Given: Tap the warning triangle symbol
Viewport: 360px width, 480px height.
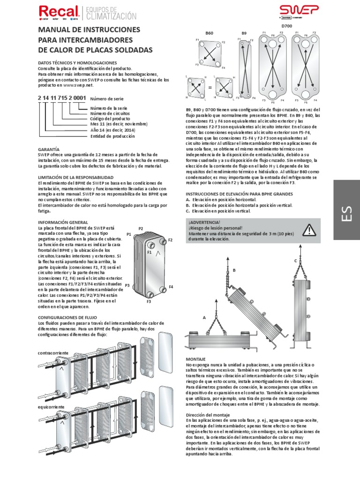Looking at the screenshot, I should (309, 230).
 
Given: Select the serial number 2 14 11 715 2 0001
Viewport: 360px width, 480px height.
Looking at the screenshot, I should (61, 98).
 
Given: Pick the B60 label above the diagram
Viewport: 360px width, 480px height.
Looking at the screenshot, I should (209, 33).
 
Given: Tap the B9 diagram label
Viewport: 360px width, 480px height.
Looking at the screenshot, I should (244, 33).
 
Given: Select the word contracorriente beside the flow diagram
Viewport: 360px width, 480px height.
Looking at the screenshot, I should (52, 352).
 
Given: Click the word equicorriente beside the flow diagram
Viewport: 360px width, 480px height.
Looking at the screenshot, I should (50, 407).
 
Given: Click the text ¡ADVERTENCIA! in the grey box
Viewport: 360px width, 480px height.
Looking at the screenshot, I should (204, 222).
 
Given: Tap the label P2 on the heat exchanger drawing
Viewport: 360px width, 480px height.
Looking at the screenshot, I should (140, 228).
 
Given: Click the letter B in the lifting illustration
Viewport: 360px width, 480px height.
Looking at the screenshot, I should (234, 270).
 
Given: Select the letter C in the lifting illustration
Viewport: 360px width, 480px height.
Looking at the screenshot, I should (295, 260).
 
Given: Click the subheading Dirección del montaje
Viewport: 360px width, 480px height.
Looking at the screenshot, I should (208, 415).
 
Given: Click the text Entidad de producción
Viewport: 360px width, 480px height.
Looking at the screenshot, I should (112, 136).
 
